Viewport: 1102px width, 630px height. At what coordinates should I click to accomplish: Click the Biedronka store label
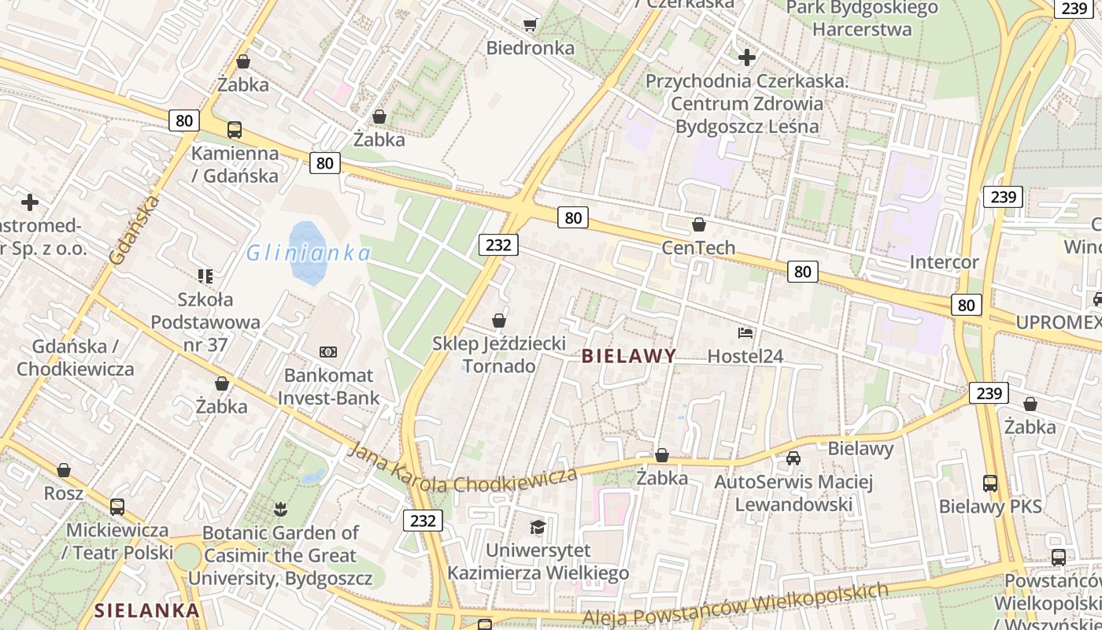click(530, 48)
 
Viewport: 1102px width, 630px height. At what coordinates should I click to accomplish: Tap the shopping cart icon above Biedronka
click(530, 25)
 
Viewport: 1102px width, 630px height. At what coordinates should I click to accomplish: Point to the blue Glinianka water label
click(309, 254)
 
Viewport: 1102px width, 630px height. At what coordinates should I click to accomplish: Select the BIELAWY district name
click(628, 356)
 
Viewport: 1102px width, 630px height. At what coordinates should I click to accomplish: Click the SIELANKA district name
click(147, 610)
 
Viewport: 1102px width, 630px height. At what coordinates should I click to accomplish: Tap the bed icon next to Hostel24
click(745, 333)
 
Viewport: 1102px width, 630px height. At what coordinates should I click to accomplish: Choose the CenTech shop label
click(698, 248)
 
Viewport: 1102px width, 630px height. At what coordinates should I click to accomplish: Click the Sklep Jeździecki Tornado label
click(499, 355)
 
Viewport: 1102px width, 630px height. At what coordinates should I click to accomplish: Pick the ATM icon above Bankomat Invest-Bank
click(328, 352)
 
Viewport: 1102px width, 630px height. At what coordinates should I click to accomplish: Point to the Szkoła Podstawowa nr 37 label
click(205, 322)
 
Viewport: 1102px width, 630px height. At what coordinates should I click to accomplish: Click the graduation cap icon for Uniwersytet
click(538, 527)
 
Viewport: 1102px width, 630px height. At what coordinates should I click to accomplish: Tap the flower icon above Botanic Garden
click(280, 510)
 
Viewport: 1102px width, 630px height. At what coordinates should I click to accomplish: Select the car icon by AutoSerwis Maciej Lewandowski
click(793, 458)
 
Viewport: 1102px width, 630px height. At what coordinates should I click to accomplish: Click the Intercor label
click(944, 262)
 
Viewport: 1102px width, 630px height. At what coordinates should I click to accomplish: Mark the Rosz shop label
click(64, 493)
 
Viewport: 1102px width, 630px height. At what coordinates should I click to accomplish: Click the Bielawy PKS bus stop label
click(990, 506)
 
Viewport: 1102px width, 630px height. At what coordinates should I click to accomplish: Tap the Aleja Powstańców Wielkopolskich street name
click(735, 607)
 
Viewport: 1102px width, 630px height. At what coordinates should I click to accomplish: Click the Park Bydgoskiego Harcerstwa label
click(862, 19)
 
